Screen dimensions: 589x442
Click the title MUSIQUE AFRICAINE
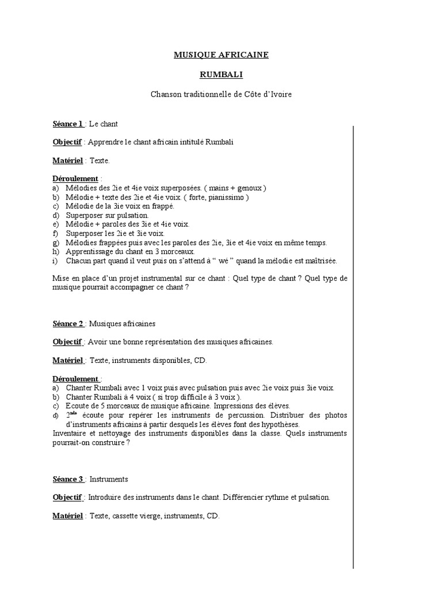point(221,55)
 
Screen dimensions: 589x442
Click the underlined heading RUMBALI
point(221,74)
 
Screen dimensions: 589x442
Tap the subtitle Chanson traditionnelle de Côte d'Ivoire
point(221,94)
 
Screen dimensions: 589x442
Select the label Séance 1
point(68,124)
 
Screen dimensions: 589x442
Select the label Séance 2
point(68,324)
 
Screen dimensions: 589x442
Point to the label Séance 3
point(68,479)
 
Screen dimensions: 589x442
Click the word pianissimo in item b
point(228,197)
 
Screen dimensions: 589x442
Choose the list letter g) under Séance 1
point(55,242)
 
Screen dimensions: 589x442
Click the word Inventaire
point(71,433)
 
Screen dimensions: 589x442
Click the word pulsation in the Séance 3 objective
point(313,498)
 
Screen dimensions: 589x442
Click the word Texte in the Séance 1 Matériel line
point(99,160)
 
